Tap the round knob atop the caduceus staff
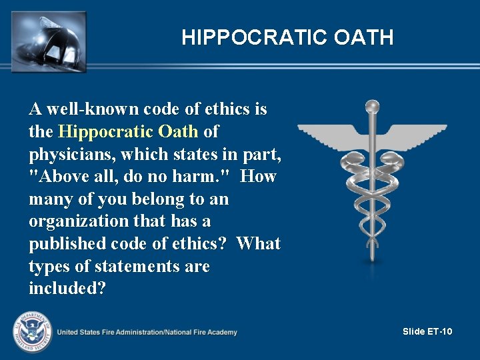372,106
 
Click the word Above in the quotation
59,177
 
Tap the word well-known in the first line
89,109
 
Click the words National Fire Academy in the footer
200,332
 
